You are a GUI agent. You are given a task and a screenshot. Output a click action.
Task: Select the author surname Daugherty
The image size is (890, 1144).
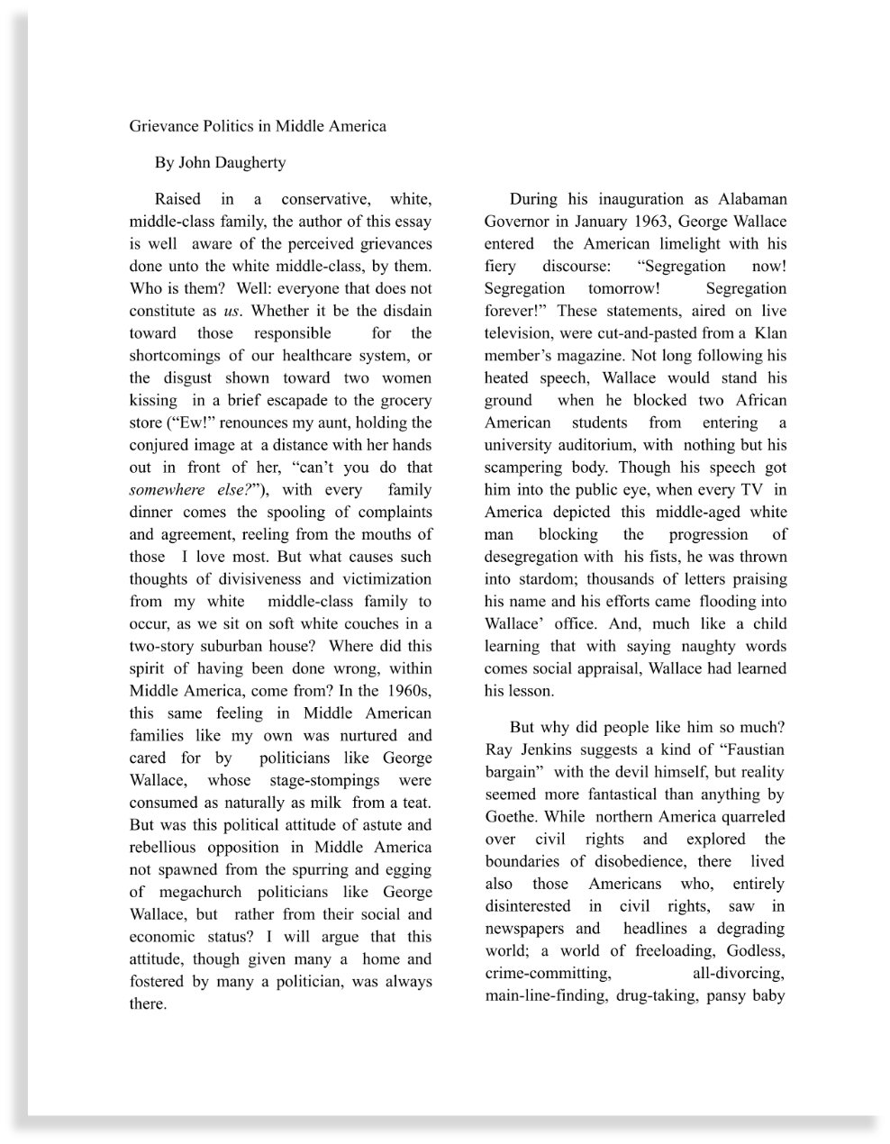(x=250, y=163)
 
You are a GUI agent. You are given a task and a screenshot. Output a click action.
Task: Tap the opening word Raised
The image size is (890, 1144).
(x=177, y=199)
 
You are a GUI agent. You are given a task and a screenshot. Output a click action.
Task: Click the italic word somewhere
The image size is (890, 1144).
(x=168, y=490)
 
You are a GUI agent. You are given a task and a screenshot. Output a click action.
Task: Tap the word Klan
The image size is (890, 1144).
(x=769, y=333)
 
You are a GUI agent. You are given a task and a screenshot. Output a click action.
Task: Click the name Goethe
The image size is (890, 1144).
(x=511, y=817)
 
